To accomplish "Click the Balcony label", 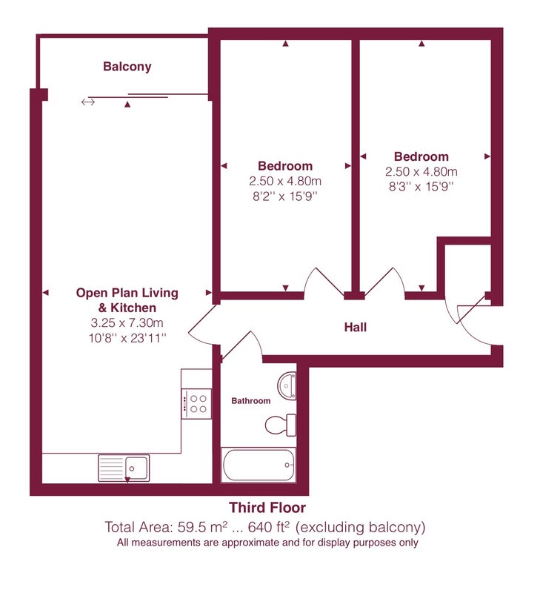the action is [127, 67].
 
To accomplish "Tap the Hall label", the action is [356, 327].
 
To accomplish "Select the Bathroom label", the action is [251, 401].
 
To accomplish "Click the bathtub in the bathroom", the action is [258, 465].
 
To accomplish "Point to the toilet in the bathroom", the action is [281, 425].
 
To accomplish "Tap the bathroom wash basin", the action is [287, 385].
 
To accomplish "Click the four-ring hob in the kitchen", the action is [196, 404].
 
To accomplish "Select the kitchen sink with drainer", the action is [124, 468].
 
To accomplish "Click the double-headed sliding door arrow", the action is [87, 102].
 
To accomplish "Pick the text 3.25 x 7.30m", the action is [127, 323].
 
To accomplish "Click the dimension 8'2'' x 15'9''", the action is [285, 196].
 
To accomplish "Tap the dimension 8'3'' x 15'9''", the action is [421, 187].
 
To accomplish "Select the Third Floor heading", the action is [267, 508].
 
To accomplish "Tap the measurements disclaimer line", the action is [267, 543].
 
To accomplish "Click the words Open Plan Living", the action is [127, 293].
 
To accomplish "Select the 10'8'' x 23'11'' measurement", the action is [127, 338].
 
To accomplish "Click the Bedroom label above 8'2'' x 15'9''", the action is [285, 166].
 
